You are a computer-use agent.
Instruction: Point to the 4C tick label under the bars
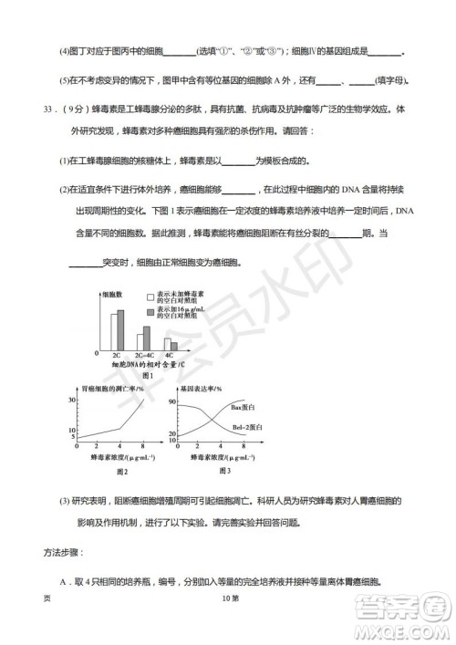tap(170, 357)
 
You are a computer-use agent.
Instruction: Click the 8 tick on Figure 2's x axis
tap(144, 447)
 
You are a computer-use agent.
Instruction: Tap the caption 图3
tap(218, 471)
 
